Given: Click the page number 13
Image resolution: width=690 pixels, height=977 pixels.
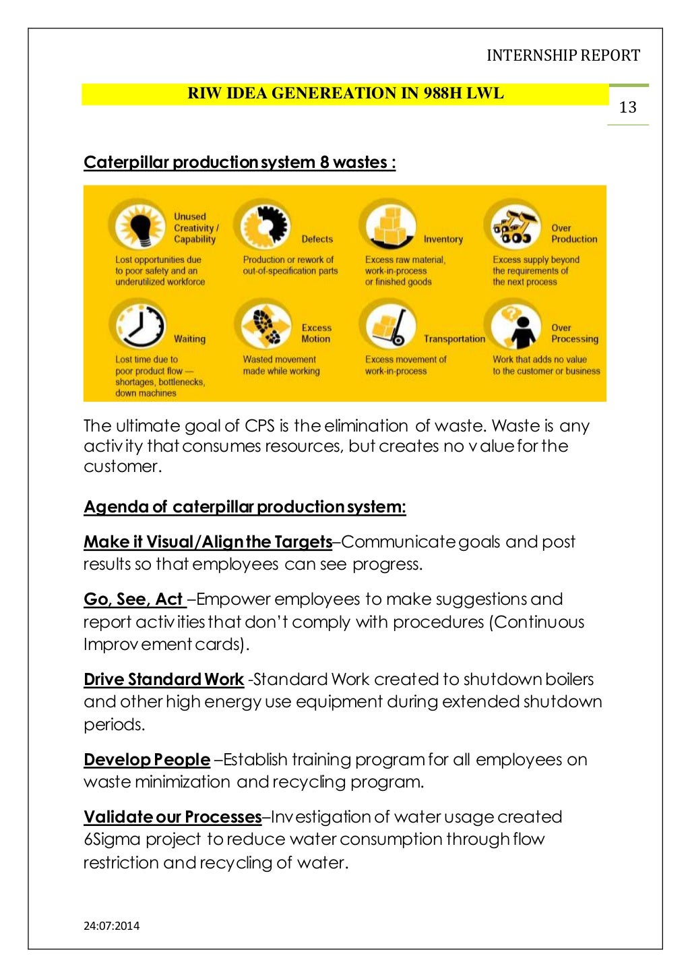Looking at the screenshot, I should click(x=627, y=107).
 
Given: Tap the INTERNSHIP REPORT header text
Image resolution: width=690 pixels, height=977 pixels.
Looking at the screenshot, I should click(x=563, y=55).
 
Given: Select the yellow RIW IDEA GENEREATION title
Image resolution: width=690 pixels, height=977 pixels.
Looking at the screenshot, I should click(x=345, y=94).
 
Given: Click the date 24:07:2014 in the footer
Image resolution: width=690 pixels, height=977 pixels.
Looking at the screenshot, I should click(x=111, y=926).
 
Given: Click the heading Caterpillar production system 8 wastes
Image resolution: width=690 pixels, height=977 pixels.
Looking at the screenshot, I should click(x=239, y=162).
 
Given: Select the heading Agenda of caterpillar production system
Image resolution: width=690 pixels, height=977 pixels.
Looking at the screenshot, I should click(x=245, y=507).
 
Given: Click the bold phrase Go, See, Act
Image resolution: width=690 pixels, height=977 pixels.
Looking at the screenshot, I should click(x=134, y=599).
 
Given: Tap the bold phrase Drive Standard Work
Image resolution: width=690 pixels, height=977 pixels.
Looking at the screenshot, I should click(x=163, y=680).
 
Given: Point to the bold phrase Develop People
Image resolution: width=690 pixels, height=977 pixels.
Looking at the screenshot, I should click(x=146, y=760).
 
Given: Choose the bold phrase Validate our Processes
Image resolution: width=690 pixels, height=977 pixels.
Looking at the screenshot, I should click(x=172, y=817).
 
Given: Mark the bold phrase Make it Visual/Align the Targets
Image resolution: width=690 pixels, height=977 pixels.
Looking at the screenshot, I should click(x=208, y=542).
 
